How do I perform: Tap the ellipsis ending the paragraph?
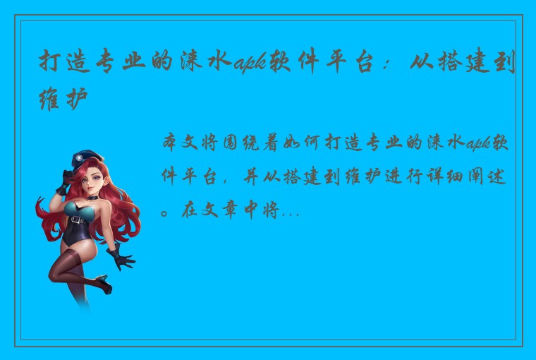(290, 212)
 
